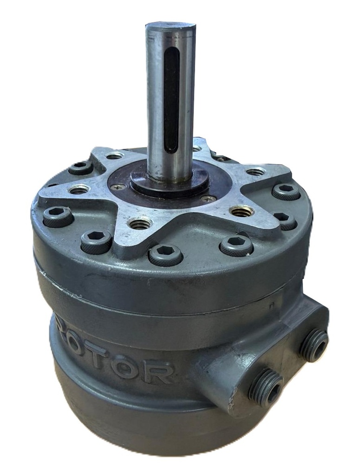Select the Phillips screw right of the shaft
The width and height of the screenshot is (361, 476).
click(208, 198)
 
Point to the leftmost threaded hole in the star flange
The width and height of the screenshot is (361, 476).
click(79, 190)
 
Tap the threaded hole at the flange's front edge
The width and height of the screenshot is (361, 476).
click(140, 224)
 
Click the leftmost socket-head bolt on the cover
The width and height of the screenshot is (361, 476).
click(58, 216)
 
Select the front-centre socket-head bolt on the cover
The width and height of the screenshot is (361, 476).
click(165, 255)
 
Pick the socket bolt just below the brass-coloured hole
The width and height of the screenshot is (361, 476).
click(236, 245)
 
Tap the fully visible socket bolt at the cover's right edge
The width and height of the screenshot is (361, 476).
click(285, 191)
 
